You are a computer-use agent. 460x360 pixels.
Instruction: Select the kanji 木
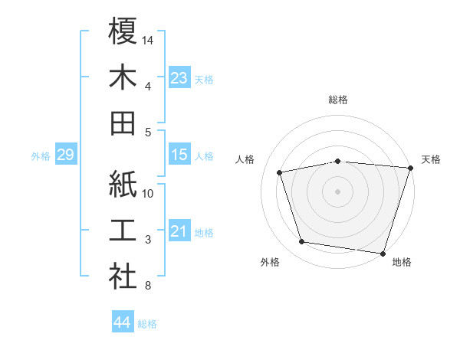click(x=123, y=77)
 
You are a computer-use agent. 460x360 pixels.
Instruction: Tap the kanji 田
click(x=123, y=123)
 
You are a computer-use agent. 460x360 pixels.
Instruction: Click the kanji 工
click(x=123, y=231)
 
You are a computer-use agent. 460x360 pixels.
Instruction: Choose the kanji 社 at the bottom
click(x=123, y=277)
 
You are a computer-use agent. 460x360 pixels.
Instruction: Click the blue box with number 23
click(x=179, y=78)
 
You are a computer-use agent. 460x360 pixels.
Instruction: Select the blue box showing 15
click(x=179, y=155)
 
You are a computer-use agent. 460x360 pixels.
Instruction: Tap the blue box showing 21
click(x=179, y=231)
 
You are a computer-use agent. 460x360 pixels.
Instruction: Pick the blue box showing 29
click(x=65, y=155)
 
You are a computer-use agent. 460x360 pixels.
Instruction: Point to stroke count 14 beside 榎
click(x=148, y=40)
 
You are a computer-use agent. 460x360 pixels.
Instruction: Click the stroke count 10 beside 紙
click(x=148, y=193)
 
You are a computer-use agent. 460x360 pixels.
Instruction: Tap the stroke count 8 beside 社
click(x=147, y=286)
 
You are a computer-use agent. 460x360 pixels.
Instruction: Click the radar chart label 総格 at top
click(x=337, y=100)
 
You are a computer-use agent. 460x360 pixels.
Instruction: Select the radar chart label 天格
click(x=431, y=159)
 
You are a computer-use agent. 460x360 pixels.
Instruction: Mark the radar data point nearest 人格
click(x=281, y=172)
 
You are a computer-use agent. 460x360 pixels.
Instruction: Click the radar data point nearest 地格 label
click(x=383, y=253)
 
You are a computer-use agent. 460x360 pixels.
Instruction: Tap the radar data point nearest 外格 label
click(x=302, y=242)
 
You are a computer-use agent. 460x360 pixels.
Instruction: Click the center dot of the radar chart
click(x=337, y=191)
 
